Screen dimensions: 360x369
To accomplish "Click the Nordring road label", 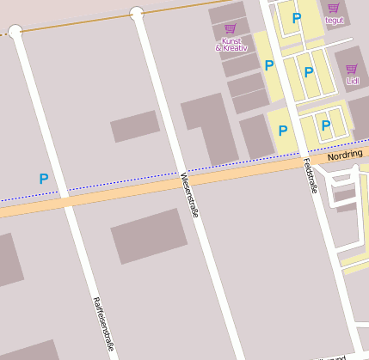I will pos(346,155).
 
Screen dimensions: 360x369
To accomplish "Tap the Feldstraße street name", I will pos(310,175).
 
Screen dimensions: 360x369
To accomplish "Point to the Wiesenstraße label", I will pos(189,195).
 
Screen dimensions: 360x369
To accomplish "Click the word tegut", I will pos(334,19).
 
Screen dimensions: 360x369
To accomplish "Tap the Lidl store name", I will pos(353,81).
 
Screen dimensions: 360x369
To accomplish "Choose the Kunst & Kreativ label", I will pos(230,45).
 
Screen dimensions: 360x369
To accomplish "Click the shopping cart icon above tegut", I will pos(333,7).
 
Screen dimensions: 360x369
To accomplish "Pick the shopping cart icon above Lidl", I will pos(351,69).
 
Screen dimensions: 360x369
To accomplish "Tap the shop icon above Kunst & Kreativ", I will pos(230,28).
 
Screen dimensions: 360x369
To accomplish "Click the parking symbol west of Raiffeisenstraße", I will pos(43,179).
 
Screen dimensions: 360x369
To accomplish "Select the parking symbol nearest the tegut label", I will pos(297,17).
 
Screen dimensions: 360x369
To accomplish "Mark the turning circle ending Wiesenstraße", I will pos(136,13).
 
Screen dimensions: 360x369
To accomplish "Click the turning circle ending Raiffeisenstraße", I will pos(15,32).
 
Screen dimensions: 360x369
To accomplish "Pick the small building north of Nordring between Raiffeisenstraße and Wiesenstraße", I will pos(135,126).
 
